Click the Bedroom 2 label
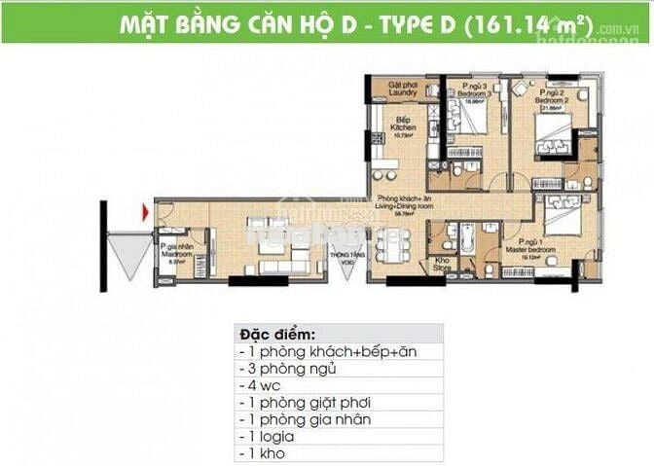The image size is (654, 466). [x=553, y=97]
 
